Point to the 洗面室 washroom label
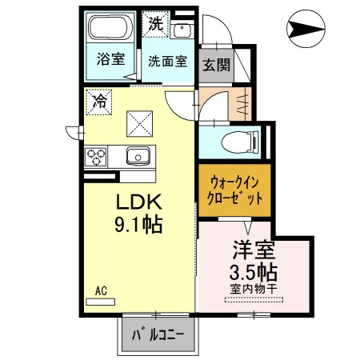pyautogui.click(x=166, y=60)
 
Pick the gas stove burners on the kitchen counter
pyautogui.click(x=98, y=154)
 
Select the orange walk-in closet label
pyautogui.click(x=235, y=190)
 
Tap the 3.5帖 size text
pyautogui.click(x=255, y=270)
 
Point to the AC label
pyautogui.click(x=101, y=290)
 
